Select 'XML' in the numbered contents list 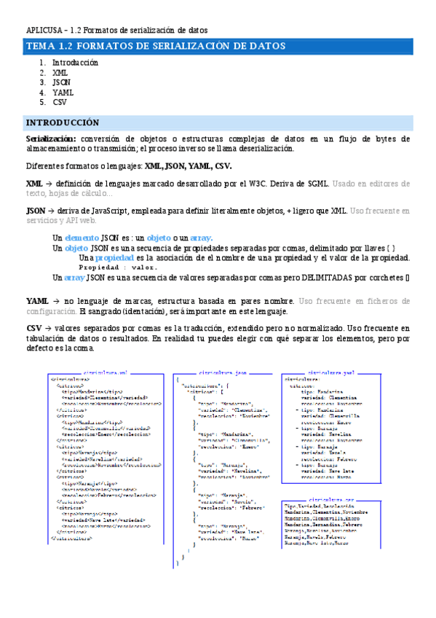point(59,73)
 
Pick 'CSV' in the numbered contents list point(59,103)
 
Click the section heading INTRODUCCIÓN point(63,122)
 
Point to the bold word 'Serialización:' point(50,138)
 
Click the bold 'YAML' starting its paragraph point(37,301)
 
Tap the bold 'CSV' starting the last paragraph point(33,329)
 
